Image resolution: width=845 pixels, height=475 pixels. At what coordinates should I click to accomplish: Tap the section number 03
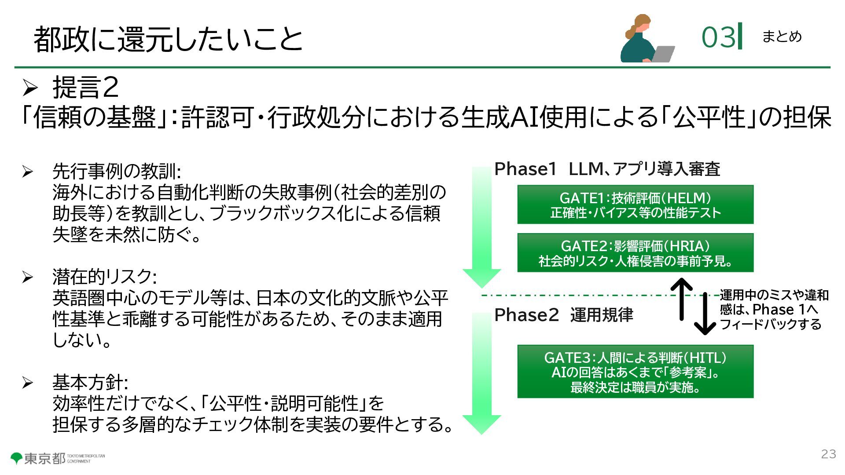point(718,37)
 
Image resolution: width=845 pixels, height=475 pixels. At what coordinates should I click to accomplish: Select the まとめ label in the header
point(782,36)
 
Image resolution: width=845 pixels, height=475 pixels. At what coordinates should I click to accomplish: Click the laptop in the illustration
point(663,54)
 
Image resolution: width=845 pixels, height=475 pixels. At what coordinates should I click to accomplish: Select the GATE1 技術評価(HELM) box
point(635,205)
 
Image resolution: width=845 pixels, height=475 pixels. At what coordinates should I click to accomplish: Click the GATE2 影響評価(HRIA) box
point(635,253)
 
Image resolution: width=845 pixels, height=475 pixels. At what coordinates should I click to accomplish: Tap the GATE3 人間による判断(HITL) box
point(635,372)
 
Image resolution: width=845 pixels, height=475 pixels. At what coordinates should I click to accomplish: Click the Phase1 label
point(525,169)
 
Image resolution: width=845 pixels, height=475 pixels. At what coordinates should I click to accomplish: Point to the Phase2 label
point(526,315)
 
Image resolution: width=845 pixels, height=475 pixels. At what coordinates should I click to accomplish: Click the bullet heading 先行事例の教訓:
point(117,171)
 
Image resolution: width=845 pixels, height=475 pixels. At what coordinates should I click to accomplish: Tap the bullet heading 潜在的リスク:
point(104,277)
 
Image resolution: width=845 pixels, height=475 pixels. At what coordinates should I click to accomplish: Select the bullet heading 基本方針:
point(90,382)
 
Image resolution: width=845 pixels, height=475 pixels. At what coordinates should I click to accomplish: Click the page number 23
point(828,454)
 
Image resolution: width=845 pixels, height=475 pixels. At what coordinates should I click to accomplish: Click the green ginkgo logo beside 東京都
point(17,458)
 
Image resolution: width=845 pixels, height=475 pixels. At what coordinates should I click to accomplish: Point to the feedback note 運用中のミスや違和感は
point(773,310)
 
